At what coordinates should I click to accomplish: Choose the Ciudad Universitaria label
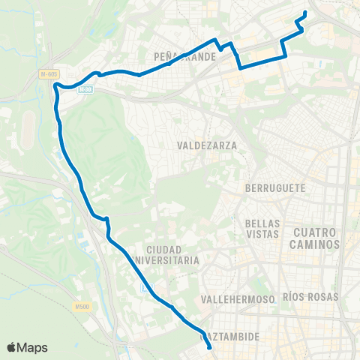point(173,254)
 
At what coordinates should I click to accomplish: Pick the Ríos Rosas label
point(312,297)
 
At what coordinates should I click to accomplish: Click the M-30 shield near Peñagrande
point(85,89)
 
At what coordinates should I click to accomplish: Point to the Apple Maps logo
point(27,347)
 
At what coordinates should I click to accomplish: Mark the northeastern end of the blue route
point(305,12)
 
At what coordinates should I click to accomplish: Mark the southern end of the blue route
point(209,348)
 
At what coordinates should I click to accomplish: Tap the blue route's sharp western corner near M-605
point(55,85)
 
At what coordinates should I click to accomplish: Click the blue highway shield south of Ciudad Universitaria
point(145,288)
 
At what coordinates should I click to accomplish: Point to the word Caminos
point(316,244)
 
